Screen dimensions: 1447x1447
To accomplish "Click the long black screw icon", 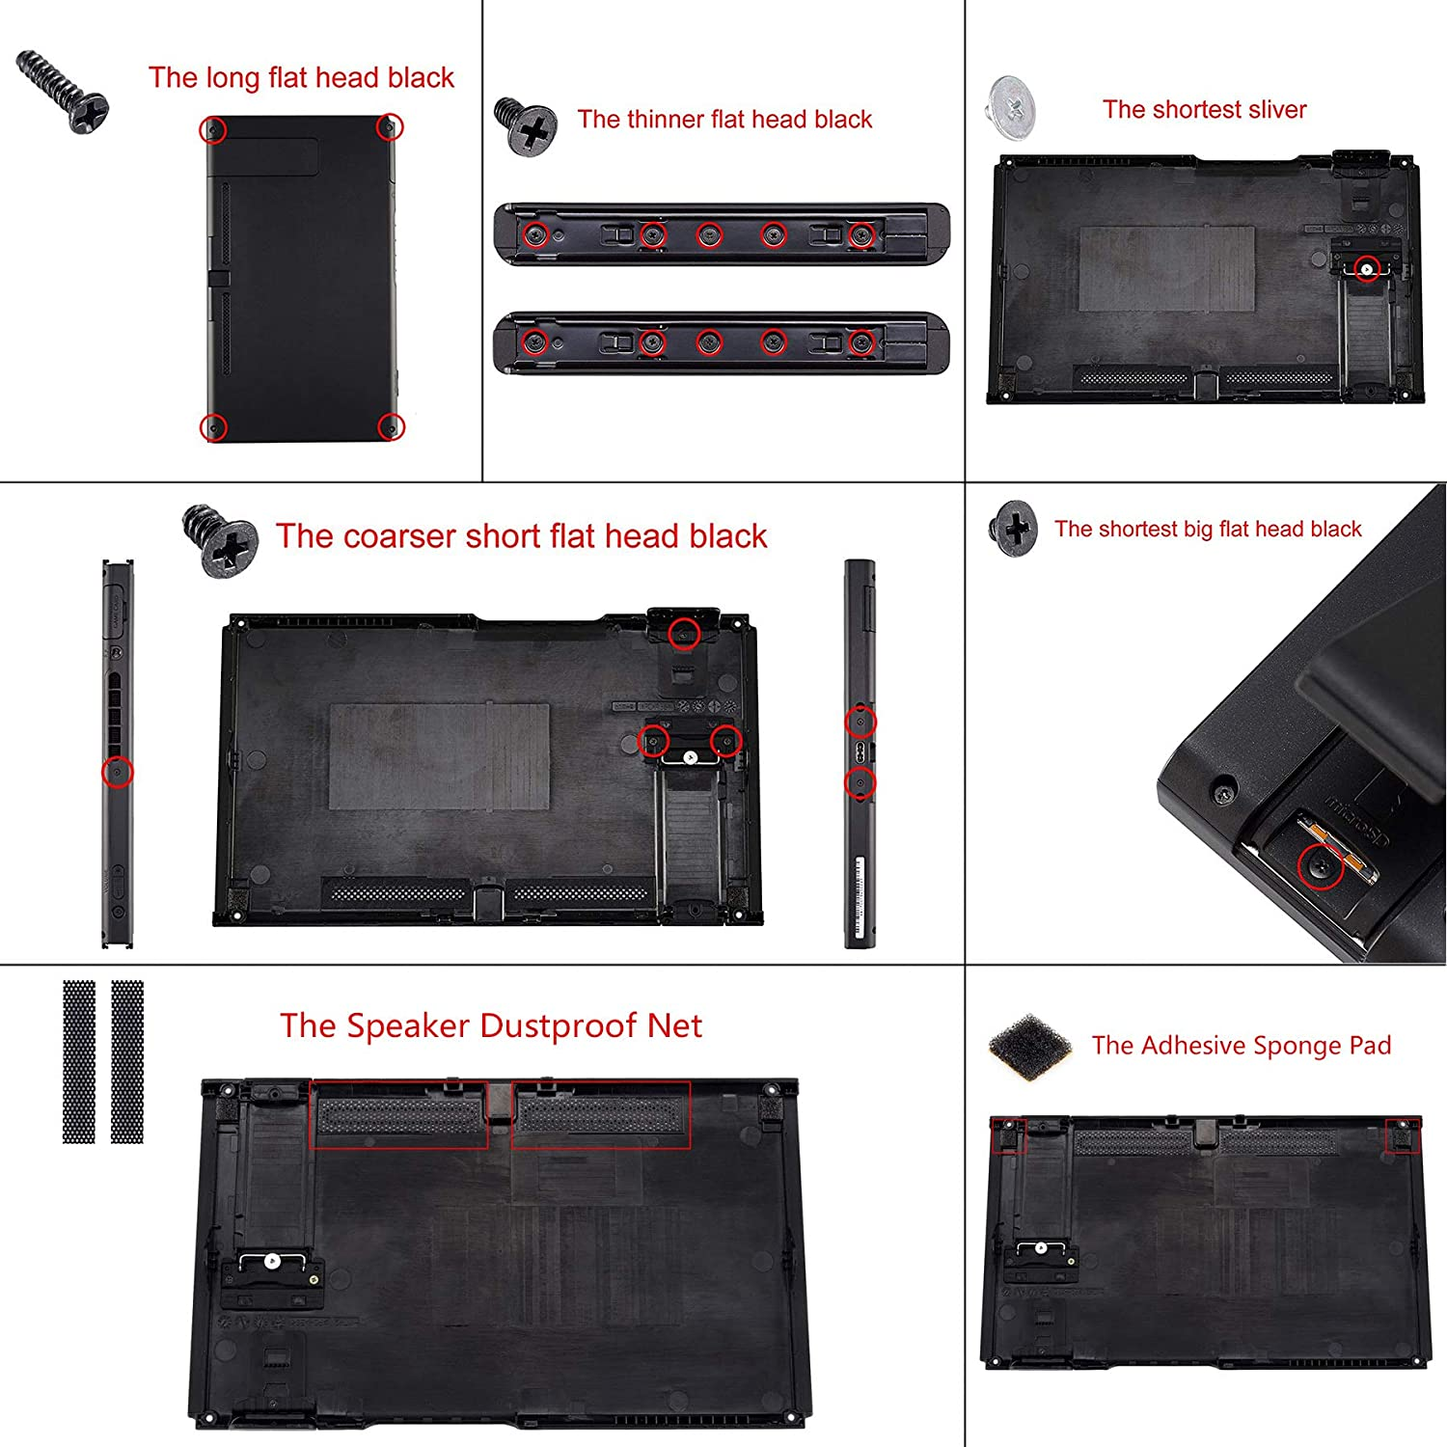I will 63,91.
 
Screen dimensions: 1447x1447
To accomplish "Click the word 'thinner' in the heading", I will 665,120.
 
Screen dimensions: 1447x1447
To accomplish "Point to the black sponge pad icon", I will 1030,1046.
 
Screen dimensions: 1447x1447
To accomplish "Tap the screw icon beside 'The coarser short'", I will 220,541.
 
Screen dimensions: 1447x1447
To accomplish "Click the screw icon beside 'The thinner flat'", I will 526,126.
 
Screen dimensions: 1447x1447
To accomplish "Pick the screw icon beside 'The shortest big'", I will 1013,528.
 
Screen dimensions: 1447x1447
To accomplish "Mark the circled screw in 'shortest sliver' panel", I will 1366,268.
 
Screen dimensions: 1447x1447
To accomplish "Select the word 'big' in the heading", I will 1197,530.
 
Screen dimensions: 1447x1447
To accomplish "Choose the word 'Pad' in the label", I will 1370,1047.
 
